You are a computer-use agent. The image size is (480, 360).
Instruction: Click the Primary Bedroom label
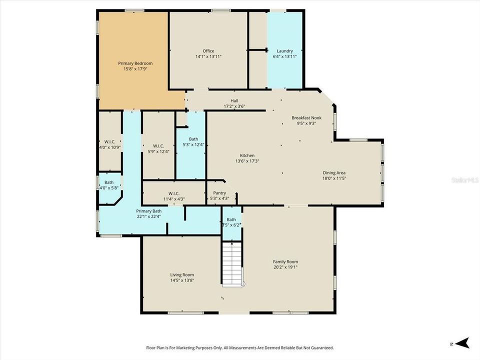[x=135, y=63]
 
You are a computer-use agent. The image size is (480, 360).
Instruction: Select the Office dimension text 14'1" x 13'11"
[x=208, y=56]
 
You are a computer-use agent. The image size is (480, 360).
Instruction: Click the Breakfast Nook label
[x=306, y=118]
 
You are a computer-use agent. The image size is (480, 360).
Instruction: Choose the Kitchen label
[x=247, y=155]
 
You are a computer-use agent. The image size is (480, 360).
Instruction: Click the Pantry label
[x=219, y=193]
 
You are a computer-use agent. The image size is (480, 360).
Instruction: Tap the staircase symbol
[x=232, y=263]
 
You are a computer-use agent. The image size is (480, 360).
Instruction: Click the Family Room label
[x=285, y=261]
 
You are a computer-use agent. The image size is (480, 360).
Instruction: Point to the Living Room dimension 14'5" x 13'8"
[x=182, y=280]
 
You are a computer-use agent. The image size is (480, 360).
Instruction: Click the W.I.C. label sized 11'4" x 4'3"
[x=173, y=193]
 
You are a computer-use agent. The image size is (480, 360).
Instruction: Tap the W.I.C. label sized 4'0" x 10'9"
[x=109, y=142]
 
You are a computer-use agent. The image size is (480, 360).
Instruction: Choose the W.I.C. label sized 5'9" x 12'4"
[x=158, y=145]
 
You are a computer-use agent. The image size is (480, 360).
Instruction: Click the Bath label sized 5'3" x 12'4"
[x=193, y=139]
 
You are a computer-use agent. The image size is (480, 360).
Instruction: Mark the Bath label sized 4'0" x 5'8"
[x=108, y=182]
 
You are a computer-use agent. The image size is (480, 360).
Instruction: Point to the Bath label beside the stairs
[x=231, y=219]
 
